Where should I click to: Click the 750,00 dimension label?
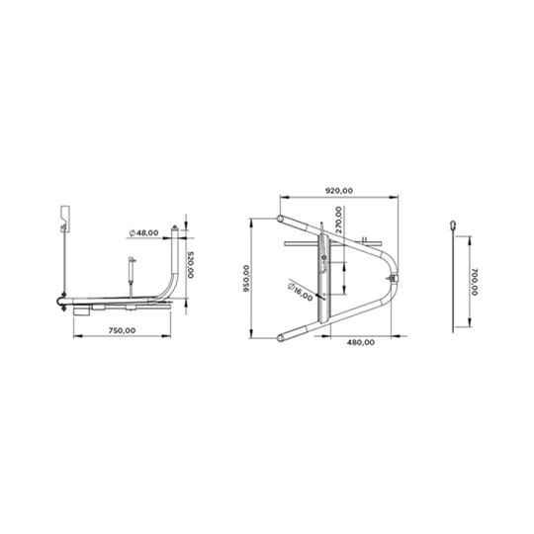[122, 330]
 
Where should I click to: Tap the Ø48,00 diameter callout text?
[143, 233]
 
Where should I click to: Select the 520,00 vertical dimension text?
[191, 265]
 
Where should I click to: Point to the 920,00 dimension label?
[339, 191]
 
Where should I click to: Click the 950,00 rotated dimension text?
[246, 279]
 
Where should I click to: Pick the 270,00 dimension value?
[338, 220]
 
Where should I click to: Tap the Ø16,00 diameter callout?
[300, 292]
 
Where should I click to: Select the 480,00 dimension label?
[361, 342]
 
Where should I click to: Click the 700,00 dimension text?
[475, 282]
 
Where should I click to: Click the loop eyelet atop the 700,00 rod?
[453, 225]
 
